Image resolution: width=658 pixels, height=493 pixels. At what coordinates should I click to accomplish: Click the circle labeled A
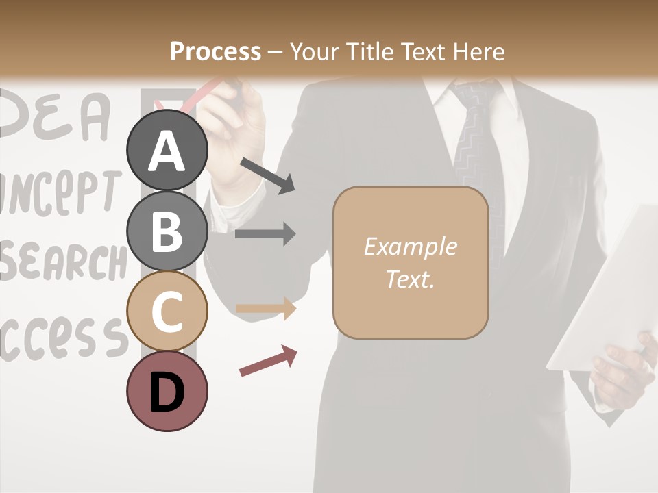click(x=167, y=151)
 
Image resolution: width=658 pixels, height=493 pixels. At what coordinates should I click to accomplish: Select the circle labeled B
click(x=167, y=231)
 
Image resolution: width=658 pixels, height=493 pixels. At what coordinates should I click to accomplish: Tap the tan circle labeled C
click(x=167, y=312)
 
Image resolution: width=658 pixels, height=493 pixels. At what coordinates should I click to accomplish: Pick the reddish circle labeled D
click(x=167, y=391)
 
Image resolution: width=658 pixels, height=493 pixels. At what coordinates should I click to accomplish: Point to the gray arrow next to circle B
click(x=265, y=233)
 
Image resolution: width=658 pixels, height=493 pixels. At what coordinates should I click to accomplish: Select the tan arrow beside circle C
click(x=265, y=309)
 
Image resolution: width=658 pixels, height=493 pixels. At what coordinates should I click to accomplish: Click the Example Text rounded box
click(x=411, y=262)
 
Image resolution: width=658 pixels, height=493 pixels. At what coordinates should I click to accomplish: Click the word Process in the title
click(x=215, y=51)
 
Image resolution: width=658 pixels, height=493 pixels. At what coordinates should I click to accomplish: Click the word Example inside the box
click(x=411, y=246)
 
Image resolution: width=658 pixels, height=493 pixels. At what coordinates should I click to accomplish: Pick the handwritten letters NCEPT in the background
click(x=58, y=192)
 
